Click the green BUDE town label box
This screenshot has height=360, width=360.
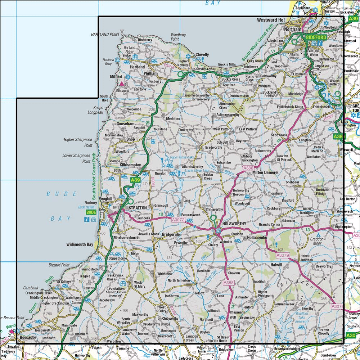pos(90,212)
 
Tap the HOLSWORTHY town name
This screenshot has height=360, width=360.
pos(234,224)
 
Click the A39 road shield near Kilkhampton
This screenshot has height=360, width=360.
pos(135,180)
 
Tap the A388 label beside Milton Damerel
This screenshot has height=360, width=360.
pos(248,168)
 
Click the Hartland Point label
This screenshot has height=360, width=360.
pos(105,34)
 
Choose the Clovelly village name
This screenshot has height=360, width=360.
pos(202,55)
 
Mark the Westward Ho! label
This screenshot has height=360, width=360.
pos(271,21)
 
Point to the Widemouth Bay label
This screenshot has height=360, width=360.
pos(80,244)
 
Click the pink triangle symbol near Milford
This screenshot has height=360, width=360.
pos(122,84)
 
